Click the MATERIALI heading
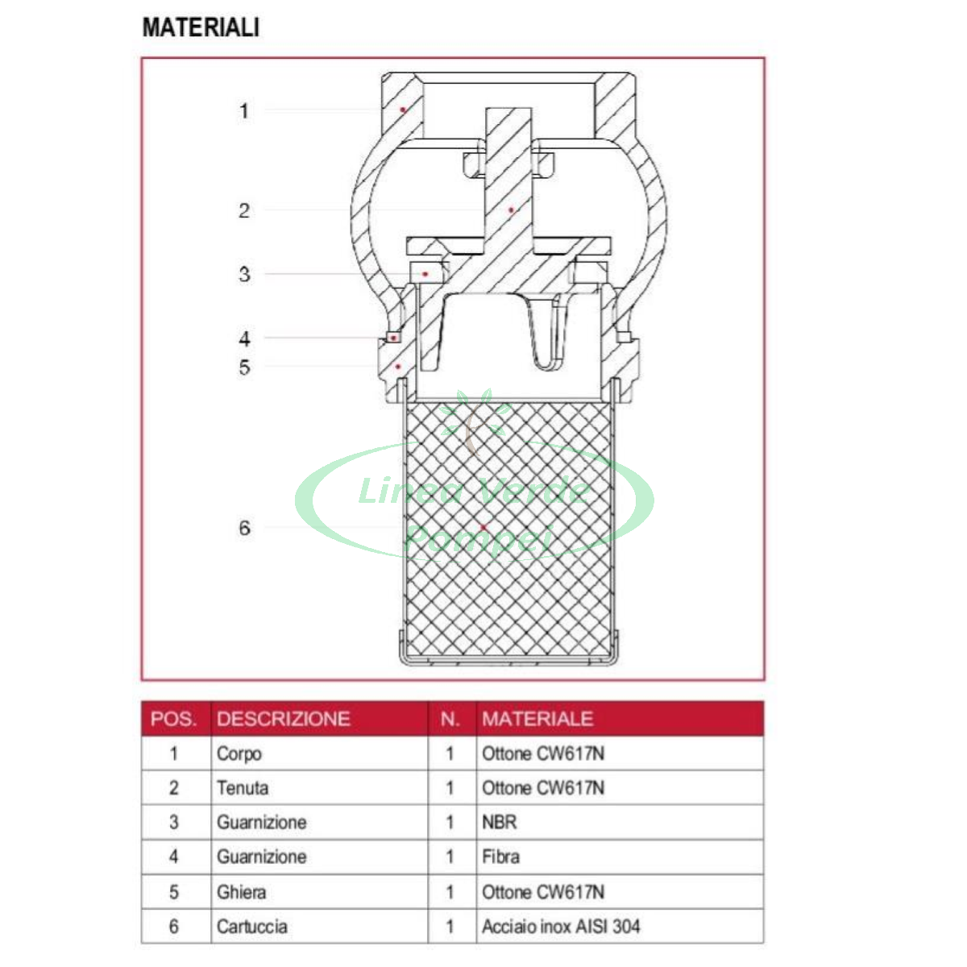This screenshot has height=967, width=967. [x=201, y=27]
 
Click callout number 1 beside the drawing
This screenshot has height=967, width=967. [x=244, y=111]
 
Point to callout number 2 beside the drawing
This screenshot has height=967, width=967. [x=244, y=211]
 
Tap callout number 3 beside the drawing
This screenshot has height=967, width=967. [x=244, y=275]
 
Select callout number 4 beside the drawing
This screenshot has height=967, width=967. [x=244, y=338]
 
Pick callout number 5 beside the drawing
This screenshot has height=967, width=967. [x=244, y=367]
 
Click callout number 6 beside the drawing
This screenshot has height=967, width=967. [x=244, y=528]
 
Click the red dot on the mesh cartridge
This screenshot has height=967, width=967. [x=483, y=527]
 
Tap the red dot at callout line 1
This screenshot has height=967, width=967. [x=402, y=110]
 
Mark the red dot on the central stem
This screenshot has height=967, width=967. [x=511, y=210]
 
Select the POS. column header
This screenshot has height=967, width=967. [x=173, y=719]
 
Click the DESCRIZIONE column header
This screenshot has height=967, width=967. [x=284, y=719]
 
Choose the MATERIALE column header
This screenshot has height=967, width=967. [x=537, y=719]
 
